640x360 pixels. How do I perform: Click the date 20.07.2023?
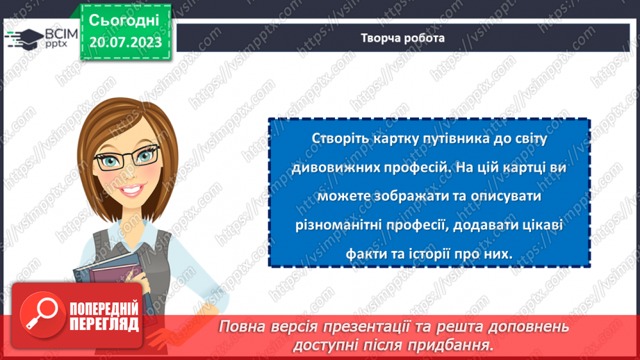pos(125,42)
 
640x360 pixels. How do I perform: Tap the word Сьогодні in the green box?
pos(125,19)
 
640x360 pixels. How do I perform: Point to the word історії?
pos(424,254)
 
